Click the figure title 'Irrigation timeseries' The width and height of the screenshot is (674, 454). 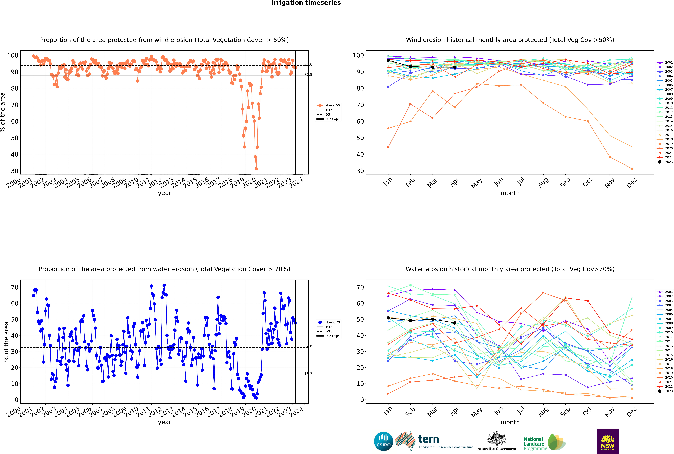tap(306, 3)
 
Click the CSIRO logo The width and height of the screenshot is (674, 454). tap(383, 441)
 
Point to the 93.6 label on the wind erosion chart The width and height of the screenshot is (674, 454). tap(308, 65)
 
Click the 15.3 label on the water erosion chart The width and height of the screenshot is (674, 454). tap(308, 374)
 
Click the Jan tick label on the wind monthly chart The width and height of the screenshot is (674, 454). tap(388, 182)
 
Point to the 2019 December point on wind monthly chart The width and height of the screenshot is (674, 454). tap(632, 169)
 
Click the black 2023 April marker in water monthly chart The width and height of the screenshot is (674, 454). tap(455, 323)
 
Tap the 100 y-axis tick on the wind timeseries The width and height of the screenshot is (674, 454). tap(13, 55)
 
